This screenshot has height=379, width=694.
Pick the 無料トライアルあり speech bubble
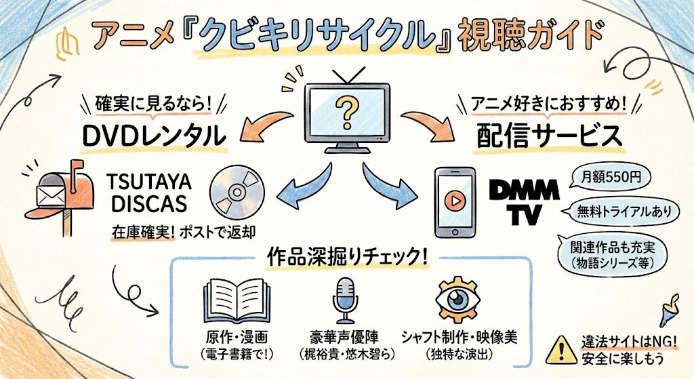click(x=622, y=211)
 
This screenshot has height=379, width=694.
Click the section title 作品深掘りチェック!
click(x=346, y=259)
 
